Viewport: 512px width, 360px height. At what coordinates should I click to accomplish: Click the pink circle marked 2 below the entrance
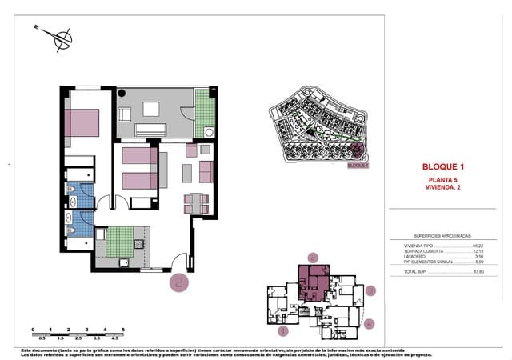[x=178, y=281]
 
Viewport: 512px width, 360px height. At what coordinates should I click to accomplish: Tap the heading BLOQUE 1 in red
[x=442, y=166]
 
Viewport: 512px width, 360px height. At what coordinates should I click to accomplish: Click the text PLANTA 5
[x=442, y=179]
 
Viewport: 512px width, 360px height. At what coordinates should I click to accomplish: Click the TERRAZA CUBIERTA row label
[x=420, y=251]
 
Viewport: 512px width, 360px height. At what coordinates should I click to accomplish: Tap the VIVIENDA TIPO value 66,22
[x=478, y=246]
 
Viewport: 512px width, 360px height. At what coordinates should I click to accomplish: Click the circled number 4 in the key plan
[x=369, y=323]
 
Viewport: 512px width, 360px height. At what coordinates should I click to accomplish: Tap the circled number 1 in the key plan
[x=282, y=330]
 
